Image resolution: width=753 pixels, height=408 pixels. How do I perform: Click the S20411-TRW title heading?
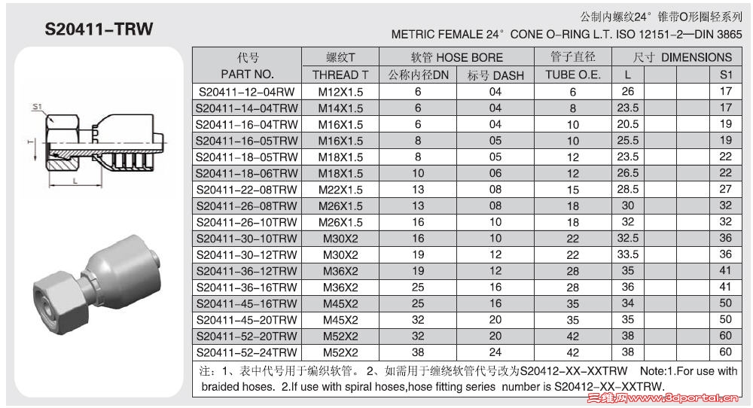[x=99, y=29]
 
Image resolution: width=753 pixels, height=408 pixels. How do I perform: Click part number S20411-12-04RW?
[x=247, y=92]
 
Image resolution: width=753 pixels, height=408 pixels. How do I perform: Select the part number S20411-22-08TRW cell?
[x=247, y=190]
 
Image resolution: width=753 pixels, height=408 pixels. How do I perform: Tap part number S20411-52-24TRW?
[x=247, y=352]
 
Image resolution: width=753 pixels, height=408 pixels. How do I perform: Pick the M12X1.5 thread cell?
[x=340, y=92]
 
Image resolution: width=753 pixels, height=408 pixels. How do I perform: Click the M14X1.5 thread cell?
[x=340, y=108]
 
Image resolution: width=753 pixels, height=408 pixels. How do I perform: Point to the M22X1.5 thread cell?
[x=340, y=190]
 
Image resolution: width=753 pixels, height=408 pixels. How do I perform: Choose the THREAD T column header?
[x=340, y=75]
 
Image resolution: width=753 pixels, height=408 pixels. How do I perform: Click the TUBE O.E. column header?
[x=572, y=75]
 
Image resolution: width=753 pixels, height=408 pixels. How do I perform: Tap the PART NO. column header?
[x=247, y=75]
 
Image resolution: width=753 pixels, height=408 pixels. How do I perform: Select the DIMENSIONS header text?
[x=697, y=57]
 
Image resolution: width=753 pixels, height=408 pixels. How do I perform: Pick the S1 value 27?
[x=725, y=190]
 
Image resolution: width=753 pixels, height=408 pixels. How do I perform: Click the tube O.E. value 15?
[x=572, y=190]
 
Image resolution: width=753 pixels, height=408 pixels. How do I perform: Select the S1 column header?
[x=725, y=75]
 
